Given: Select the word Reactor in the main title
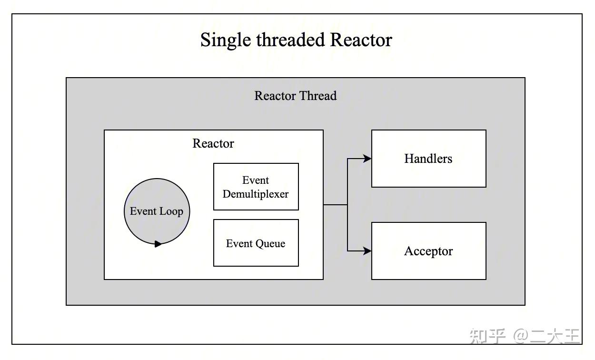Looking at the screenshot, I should coord(361,40).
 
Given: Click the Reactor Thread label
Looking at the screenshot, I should coord(295,96).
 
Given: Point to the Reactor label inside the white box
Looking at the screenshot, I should coord(213,143).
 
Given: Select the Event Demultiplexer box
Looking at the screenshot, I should coord(256,187).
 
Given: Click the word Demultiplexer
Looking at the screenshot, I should coord(256,194).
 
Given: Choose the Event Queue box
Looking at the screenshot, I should coord(256,243).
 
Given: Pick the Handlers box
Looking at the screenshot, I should coord(428,159).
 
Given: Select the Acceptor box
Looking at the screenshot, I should coord(428,251).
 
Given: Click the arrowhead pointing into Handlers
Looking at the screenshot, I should coord(367,159).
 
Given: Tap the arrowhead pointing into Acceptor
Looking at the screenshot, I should coord(367,250).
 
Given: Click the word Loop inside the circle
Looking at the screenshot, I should coord(171,211).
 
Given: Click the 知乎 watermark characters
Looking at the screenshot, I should coord(487,336).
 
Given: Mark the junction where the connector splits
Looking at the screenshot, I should coord(347,205).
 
